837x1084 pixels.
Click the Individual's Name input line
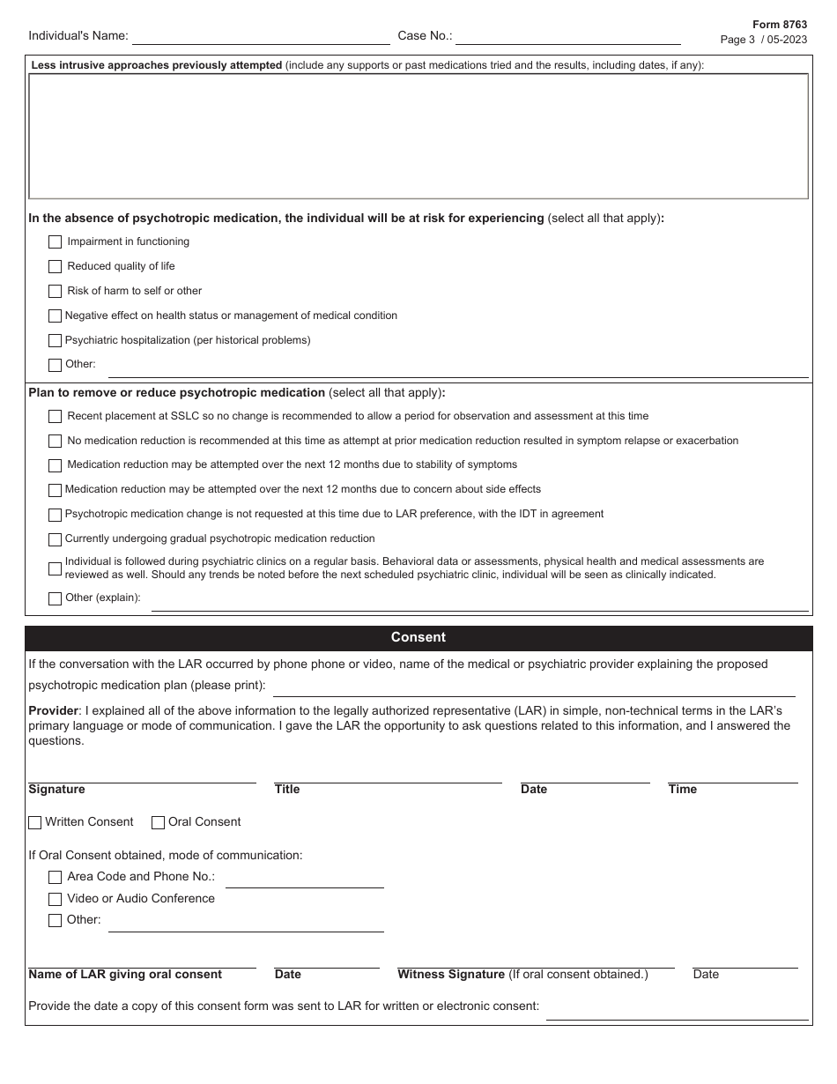point(261,37)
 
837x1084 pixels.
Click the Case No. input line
point(567,37)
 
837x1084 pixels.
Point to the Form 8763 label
point(780,26)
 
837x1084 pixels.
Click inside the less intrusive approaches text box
point(418,136)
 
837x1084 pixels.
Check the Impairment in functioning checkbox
point(55,241)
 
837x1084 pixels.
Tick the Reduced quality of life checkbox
point(55,266)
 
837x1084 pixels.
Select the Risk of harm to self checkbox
point(55,291)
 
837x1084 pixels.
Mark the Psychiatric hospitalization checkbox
point(55,340)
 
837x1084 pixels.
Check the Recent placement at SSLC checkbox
point(55,416)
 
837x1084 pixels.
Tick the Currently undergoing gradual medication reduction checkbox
point(55,538)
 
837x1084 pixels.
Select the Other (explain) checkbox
point(55,598)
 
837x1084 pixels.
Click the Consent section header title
point(418,637)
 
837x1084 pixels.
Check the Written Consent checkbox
point(35,822)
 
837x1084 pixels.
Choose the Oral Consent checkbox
point(159,822)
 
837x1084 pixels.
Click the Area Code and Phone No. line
point(304,879)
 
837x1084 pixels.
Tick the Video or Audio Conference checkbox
point(55,899)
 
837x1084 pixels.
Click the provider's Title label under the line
point(287,790)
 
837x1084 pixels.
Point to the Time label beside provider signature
point(683,790)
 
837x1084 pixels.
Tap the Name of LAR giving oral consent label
point(125,975)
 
